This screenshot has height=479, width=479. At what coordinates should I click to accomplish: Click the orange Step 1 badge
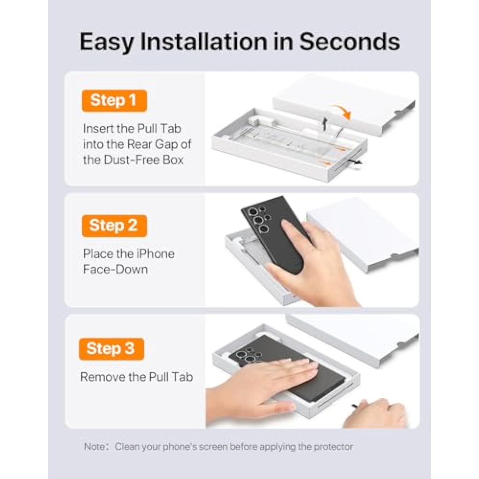(x=114, y=101)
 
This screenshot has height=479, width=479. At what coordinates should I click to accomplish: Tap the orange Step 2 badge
(x=114, y=226)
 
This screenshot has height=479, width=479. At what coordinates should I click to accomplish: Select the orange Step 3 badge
(x=111, y=349)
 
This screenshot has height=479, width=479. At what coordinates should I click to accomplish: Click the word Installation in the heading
(x=204, y=42)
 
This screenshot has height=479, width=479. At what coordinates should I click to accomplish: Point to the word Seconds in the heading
(x=349, y=42)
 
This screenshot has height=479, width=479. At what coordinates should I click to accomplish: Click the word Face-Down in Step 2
(x=115, y=270)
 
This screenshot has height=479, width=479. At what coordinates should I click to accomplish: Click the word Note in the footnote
(x=94, y=446)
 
